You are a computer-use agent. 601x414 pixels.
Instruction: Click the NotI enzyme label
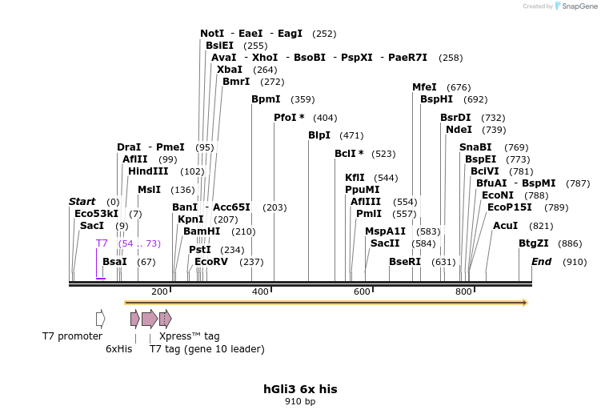(212, 34)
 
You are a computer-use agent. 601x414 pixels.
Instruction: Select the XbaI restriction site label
(230, 70)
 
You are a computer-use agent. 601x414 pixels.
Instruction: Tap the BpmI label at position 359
(266, 99)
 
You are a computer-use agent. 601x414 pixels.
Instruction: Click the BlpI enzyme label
(319, 135)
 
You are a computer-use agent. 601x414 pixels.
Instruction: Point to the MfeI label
(424, 87)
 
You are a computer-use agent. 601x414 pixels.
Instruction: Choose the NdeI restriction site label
(459, 130)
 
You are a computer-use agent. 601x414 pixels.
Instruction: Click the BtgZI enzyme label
(534, 243)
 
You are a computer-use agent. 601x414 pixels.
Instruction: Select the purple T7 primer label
(102, 243)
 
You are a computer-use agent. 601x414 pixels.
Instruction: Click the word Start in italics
(82, 202)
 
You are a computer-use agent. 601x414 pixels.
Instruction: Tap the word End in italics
(542, 262)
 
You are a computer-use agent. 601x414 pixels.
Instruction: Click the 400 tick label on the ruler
(260, 292)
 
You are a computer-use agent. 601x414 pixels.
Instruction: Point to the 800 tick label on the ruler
(463, 292)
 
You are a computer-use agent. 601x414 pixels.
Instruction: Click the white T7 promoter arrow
(100, 319)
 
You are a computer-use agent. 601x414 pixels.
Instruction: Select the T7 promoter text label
(72, 336)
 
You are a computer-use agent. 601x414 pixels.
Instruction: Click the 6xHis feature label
(118, 349)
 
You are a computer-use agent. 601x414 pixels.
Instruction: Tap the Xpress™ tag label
(189, 336)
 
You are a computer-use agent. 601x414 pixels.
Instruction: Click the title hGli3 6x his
(300, 389)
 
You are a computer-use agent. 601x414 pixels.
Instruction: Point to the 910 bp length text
(300, 401)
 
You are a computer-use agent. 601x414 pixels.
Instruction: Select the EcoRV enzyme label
(211, 262)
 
